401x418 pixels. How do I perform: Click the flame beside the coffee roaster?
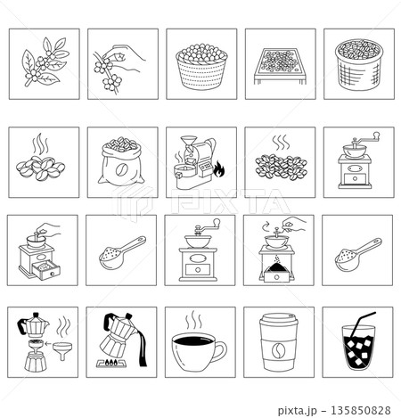[219, 169]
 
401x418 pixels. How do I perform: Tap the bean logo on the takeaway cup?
[278, 350]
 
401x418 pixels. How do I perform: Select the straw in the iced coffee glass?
[360, 324]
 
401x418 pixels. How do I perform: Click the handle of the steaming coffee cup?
[221, 351]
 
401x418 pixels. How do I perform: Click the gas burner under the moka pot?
[112, 363]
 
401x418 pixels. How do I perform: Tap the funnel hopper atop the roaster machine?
[189, 141]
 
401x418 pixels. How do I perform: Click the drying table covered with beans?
[280, 66]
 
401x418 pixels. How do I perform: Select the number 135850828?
[361, 411]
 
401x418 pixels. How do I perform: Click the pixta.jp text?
[298, 411]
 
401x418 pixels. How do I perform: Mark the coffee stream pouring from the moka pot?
[142, 348]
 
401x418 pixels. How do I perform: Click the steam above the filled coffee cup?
[194, 320]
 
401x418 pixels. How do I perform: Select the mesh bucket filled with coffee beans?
[359, 65]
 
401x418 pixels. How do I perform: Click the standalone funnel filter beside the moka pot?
[62, 350]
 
